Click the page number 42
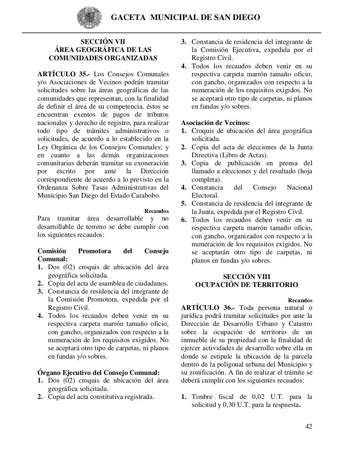tap(308, 426)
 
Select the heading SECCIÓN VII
tap(103, 42)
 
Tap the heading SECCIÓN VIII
tap(247, 277)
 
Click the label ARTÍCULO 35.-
tap(64, 74)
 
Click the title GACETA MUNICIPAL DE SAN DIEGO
tap(185, 17)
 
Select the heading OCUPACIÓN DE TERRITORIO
tap(247, 285)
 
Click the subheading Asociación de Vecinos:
tap(215, 123)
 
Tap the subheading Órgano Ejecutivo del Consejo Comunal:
tap(99, 373)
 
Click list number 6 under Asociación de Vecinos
tap(184, 220)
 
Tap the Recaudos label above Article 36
tap(300, 300)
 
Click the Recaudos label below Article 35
tap(156, 211)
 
